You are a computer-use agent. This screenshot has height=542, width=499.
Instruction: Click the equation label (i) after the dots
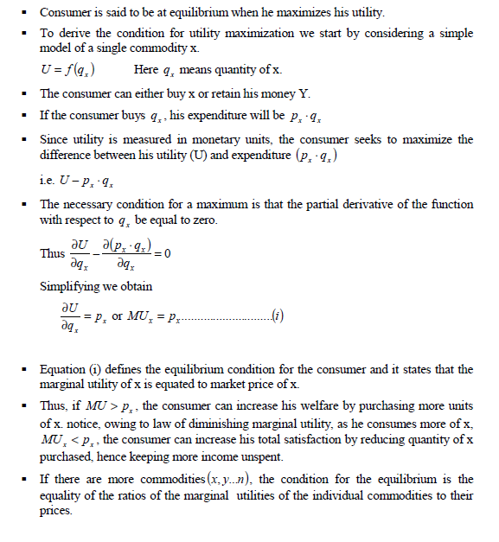coord(277,316)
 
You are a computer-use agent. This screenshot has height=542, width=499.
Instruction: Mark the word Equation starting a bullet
coord(64,369)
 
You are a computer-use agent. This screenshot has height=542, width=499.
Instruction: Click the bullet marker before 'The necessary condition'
coord(30,205)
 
